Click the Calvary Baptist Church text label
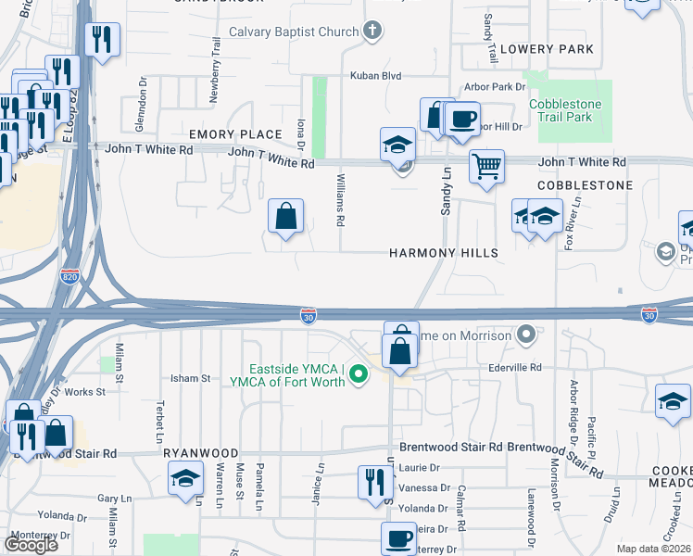(294, 32)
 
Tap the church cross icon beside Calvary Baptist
(372, 32)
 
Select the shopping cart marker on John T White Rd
(486, 168)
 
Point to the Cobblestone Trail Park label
(565, 111)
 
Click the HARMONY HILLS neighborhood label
(443, 253)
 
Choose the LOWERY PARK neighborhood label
(546, 48)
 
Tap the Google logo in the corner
(31, 545)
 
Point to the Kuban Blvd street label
(375, 76)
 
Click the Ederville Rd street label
(515, 368)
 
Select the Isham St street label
(191, 378)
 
